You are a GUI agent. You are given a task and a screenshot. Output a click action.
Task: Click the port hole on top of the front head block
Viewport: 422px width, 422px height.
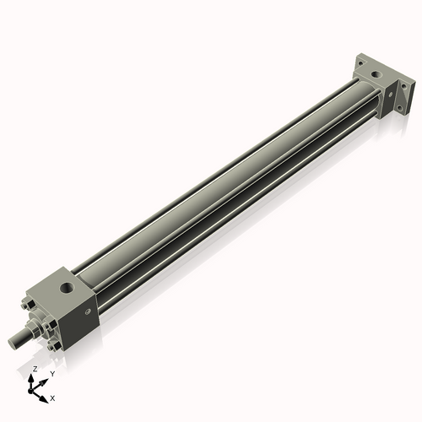[x=66, y=289]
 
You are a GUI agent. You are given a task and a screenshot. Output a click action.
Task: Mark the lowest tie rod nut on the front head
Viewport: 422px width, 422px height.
[x=54, y=346]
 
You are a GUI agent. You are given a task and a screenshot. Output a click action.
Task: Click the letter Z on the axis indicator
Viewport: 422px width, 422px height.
[x=34, y=370]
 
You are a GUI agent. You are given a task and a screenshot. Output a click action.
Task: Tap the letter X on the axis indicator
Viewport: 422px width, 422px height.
[x=52, y=397]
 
